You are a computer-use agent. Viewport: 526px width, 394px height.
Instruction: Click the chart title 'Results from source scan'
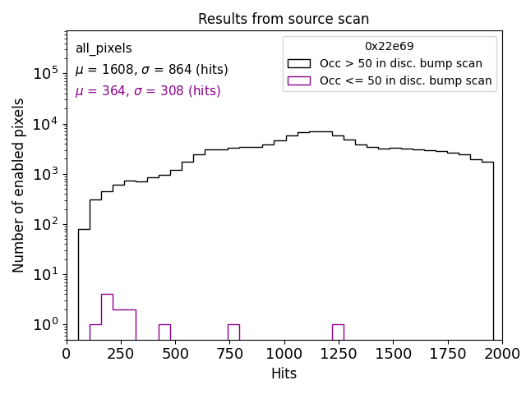point(284,19)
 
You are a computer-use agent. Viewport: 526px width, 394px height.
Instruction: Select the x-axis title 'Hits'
point(284,374)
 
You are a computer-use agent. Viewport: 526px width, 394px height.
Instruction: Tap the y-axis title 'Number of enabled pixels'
point(18,186)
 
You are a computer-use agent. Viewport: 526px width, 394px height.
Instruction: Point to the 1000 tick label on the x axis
point(284,354)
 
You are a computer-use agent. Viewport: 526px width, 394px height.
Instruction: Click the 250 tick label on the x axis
point(121,354)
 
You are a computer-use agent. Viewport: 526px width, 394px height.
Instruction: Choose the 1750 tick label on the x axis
point(447,354)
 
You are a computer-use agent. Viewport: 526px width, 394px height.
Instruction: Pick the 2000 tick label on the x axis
point(501,354)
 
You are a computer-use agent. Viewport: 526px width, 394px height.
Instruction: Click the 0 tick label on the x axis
point(67,354)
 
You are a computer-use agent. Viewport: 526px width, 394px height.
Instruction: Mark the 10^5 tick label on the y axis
point(44,74)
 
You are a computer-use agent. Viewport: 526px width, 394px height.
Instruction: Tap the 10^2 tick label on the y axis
point(44,224)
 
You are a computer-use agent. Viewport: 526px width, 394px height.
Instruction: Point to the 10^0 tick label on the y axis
point(44,324)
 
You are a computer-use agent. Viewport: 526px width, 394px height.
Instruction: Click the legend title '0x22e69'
point(390,47)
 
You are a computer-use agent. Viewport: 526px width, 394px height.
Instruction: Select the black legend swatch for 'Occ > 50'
point(299,63)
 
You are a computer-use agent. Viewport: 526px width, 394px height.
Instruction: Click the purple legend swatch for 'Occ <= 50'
point(299,80)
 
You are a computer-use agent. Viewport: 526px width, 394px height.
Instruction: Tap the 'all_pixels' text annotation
point(104,49)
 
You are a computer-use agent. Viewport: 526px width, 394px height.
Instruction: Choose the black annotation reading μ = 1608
point(151,70)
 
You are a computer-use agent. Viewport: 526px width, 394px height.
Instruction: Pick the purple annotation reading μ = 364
point(148,91)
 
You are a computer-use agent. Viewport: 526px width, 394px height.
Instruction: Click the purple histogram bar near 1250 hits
point(338,332)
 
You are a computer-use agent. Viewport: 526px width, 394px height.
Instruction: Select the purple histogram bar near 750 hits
point(233,332)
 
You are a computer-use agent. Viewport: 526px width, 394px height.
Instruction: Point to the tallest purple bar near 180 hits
point(107,316)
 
